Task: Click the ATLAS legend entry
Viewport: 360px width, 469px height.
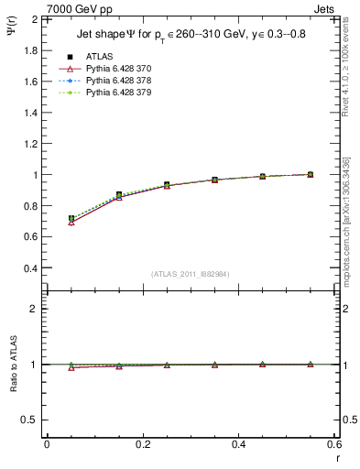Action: coord(101,56)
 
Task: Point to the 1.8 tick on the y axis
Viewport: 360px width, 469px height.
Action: coord(30,50)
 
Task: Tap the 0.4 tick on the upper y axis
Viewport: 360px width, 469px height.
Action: coord(30,268)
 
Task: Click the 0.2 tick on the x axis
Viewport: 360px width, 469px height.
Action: coord(143,444)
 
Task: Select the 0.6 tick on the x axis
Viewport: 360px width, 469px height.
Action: coord(334,444)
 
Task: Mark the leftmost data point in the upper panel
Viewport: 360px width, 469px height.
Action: coord(71,219)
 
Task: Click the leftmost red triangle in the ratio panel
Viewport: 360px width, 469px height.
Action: coord(71,367)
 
